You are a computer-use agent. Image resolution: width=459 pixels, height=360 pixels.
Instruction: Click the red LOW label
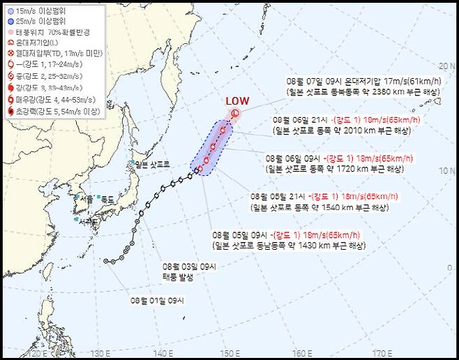237,100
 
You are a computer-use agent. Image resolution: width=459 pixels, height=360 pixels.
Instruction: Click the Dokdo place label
107,199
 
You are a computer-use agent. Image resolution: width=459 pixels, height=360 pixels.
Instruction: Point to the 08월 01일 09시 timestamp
156,301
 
